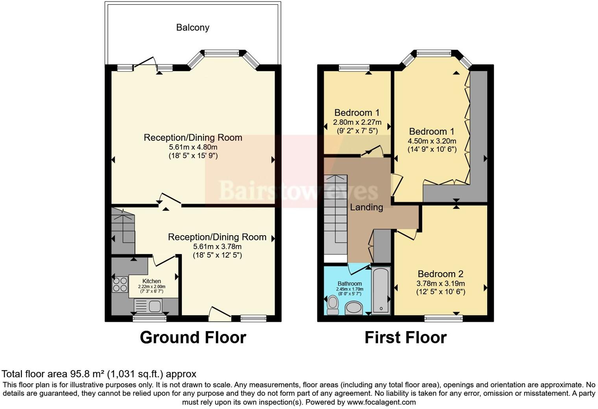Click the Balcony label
192,28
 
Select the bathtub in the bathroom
381,290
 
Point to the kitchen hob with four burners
120,285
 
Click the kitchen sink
148,306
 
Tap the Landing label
366,207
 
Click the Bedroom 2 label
440,274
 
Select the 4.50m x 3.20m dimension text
432,141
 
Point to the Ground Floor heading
193,337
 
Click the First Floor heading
405,337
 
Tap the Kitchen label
151,281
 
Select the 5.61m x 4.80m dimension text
193,147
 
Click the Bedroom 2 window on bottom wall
443,318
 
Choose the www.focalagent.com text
381,402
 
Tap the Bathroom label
349,284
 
